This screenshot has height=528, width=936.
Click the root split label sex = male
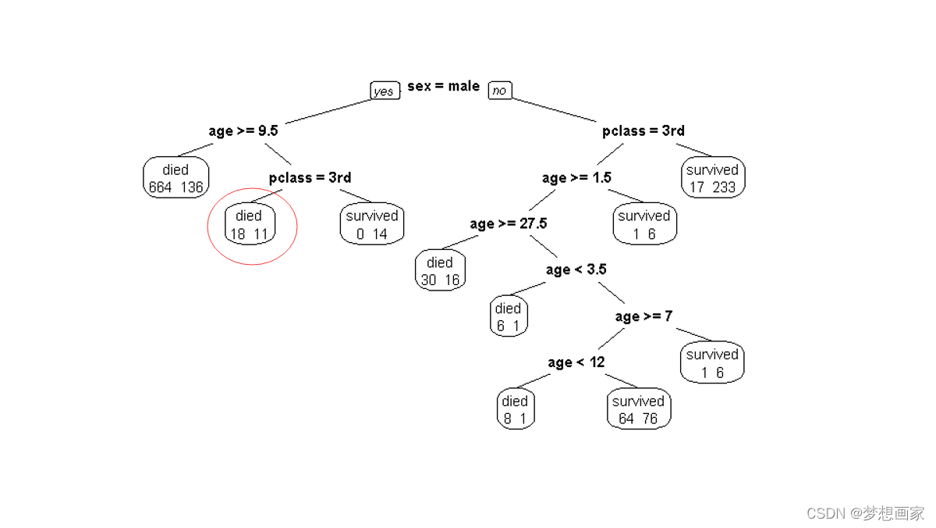[443, 86]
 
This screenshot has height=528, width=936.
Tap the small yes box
[384, 91]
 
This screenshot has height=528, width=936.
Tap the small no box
[499, 91]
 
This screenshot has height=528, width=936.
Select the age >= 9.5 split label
[243, 130]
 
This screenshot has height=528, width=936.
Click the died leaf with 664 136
[175, 178]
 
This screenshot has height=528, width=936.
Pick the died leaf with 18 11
[250, 224]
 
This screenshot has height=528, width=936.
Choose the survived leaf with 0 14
[372, 224]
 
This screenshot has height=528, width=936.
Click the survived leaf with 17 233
[712, 178]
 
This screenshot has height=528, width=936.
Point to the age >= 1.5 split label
[576, 177]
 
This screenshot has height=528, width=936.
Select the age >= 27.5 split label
[508, 223]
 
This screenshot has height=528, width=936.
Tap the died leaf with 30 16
[440, 271]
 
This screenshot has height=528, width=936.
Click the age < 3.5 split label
[576, 269]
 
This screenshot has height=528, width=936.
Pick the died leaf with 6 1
[508, 317]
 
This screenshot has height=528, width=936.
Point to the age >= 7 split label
[643, 316]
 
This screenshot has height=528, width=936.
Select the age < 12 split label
[576, 362]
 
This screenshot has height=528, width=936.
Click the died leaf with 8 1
[515, 409]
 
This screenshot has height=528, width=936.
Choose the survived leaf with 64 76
[638, 409]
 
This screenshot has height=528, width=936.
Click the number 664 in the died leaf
[161, 187]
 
